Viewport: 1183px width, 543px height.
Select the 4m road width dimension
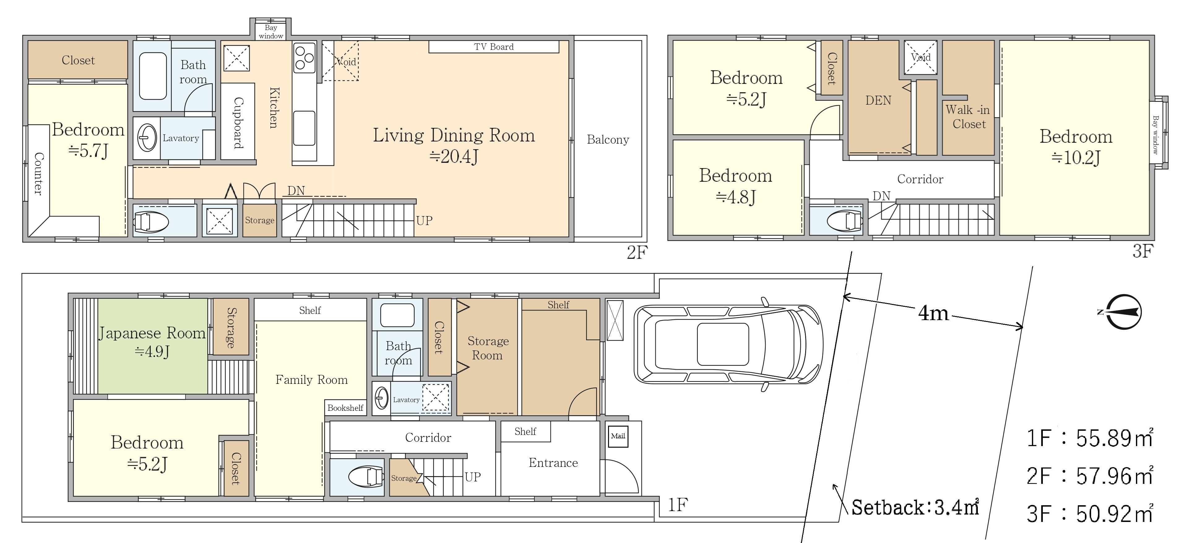click(933, 313)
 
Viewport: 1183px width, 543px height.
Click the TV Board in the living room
click(494, 47)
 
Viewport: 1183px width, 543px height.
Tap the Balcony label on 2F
click(607, 140)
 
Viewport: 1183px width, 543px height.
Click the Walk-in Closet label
click(968, 117)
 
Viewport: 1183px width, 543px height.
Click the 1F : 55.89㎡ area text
click(1089, 438)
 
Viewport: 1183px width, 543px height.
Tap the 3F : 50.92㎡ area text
click(1089, 514)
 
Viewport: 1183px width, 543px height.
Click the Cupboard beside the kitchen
click(238, 122)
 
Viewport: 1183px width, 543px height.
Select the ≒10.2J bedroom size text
click(1076, 158)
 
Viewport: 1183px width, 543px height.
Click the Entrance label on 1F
click(553, 463)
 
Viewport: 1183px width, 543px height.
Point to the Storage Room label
click(488, 348)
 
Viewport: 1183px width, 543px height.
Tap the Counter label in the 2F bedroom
click(39, 174)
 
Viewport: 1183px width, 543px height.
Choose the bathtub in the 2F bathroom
click(153, 76)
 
